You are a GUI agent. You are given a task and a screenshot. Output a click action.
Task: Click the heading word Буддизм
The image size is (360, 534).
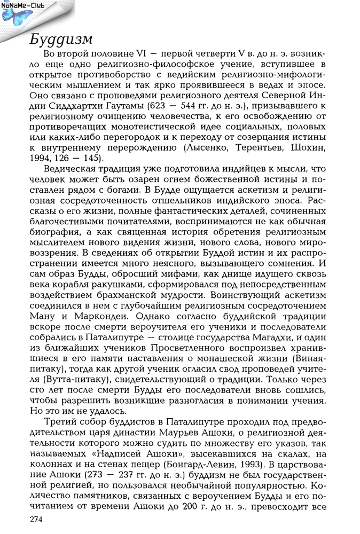(x=61, y=40)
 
